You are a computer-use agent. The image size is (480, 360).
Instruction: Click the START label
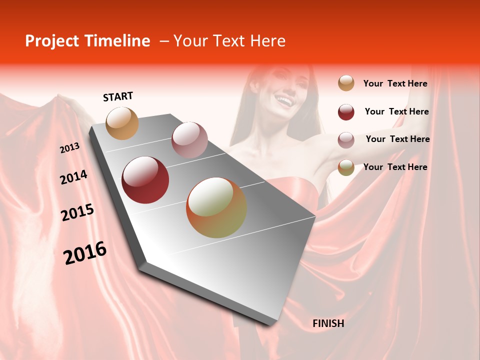(118, 96)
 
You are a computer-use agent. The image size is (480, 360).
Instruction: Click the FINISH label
(328, 323)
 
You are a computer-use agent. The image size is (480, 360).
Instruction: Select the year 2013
(69, 148)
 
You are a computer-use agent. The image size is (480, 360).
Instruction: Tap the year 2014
(73, 177)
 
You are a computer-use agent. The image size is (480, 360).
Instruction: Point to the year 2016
(85, 253)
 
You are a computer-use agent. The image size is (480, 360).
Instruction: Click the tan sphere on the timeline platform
(122, 123)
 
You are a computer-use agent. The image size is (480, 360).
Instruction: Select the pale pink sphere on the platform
(189, 140)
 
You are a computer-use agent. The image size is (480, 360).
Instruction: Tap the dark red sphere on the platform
(145, 180)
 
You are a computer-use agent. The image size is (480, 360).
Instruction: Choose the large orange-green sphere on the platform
(216, 207)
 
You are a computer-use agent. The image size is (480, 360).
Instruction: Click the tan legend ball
(346, 83)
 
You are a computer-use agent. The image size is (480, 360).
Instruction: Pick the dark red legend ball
(346, 112)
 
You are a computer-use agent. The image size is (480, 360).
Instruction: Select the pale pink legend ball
(346, 140)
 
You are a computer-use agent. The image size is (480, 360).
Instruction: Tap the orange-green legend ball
(346, 167)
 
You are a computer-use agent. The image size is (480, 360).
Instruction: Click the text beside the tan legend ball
(395, 84)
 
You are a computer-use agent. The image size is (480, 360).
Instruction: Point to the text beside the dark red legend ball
(396, 112)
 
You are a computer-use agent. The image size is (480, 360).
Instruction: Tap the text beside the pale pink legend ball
(397, 139)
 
